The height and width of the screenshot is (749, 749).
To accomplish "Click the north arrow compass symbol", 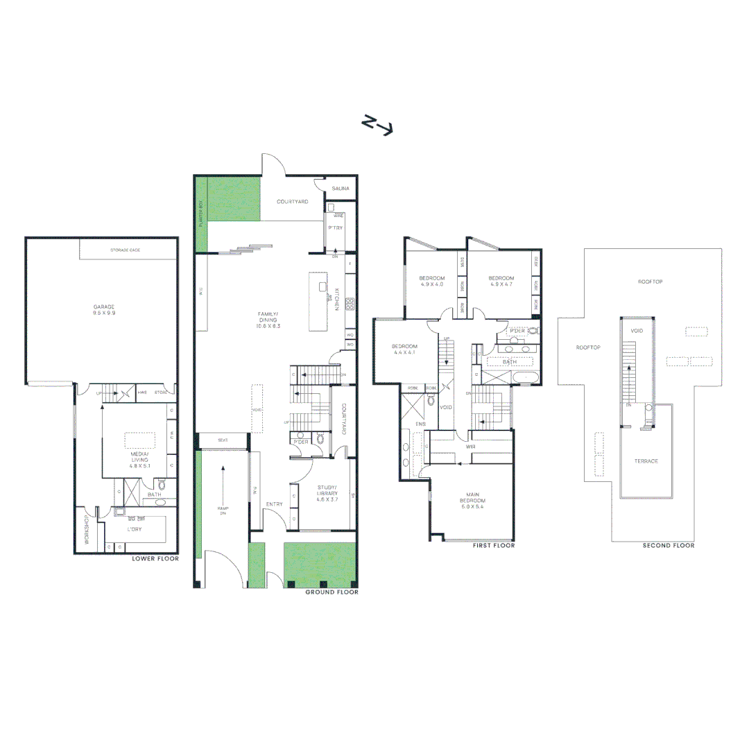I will point(378,125).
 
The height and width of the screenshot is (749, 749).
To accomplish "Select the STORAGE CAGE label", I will point(126,250).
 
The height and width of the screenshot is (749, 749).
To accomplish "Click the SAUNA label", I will point(341,189).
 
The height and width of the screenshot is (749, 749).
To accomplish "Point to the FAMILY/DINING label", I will point(268,319).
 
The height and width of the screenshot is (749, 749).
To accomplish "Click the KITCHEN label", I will point(337,298).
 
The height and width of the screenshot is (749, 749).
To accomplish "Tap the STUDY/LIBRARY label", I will point(327,493).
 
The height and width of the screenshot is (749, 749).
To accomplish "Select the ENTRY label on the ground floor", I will point(273,504).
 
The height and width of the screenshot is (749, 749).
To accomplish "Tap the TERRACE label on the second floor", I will point(646,461).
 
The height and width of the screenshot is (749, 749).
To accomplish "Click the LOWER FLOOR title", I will point(155,558).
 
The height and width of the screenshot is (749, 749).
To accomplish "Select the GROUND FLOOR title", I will point(332,592).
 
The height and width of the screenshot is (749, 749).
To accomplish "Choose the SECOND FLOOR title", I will point(668,546).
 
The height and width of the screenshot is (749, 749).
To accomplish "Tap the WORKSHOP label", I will point(87,530).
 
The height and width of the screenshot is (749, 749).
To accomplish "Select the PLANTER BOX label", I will point(200,215).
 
